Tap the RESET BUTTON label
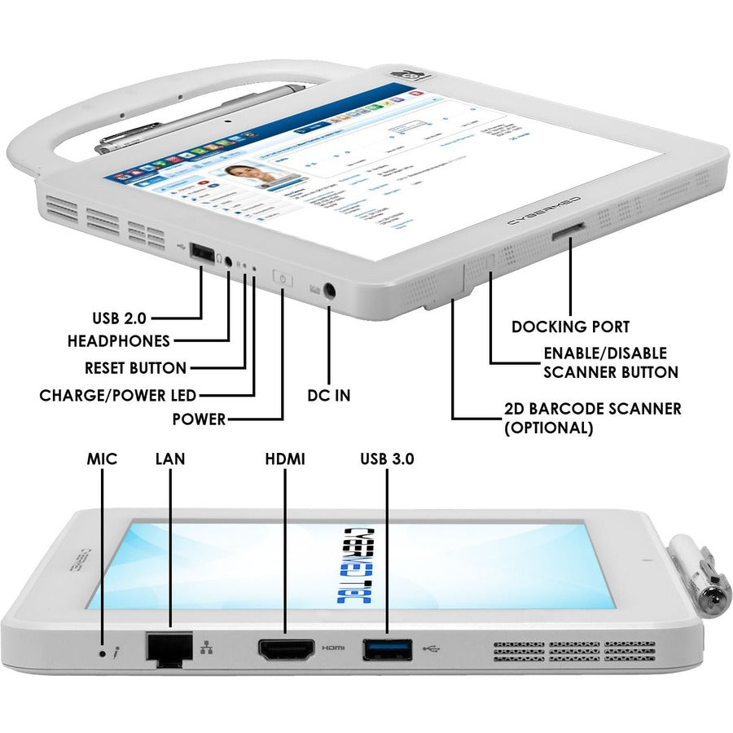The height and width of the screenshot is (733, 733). (136, 368)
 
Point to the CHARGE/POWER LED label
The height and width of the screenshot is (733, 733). (118, 396)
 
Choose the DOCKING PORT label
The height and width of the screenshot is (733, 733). (570, 327)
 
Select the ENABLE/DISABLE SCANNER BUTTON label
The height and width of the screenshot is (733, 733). (611, 363)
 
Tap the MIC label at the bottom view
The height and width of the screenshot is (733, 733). (103, 459)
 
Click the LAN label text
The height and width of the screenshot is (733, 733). (170, 459)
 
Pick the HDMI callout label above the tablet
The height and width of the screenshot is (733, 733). (284, 459)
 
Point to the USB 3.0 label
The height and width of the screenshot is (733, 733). (387, 459)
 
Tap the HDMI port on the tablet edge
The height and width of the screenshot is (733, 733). (286, 650)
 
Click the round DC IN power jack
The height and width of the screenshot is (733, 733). (331, 289)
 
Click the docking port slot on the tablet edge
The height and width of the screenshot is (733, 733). (568, 235)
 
